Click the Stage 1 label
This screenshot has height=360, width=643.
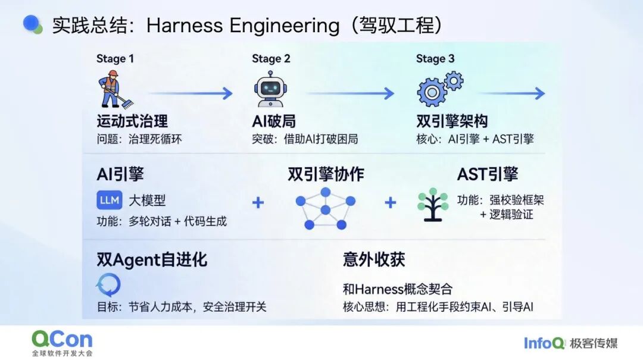point(116,59)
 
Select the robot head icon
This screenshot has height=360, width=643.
point(270,89)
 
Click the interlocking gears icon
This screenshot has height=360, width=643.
point(439,89)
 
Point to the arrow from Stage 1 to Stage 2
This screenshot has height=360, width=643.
point(191,93)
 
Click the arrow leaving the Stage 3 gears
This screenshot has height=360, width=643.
point(513,93)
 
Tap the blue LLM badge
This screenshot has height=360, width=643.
point(110,200)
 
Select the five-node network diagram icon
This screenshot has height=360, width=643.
point(326,209)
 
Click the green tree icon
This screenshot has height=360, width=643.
point(433,205)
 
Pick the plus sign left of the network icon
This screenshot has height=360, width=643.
point(258,202)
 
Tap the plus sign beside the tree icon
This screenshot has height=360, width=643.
point(391,202)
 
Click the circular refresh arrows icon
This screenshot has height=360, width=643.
point(109,284)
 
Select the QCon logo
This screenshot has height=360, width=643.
point(63,343)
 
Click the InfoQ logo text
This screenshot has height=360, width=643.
point(544,343)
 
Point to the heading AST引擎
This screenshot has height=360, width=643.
point(488,174)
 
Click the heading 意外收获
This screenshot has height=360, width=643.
point(374,259)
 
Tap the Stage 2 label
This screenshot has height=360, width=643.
point(271,59)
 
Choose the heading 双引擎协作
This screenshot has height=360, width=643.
point(326,174)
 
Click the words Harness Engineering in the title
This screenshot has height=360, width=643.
point(243,26)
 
